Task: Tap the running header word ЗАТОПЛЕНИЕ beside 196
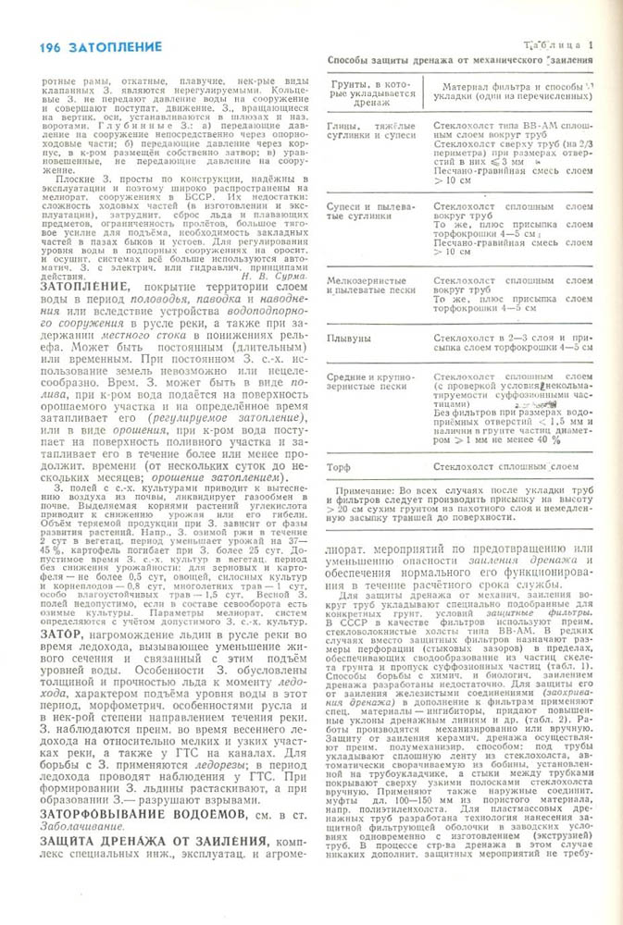[114, 45]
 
